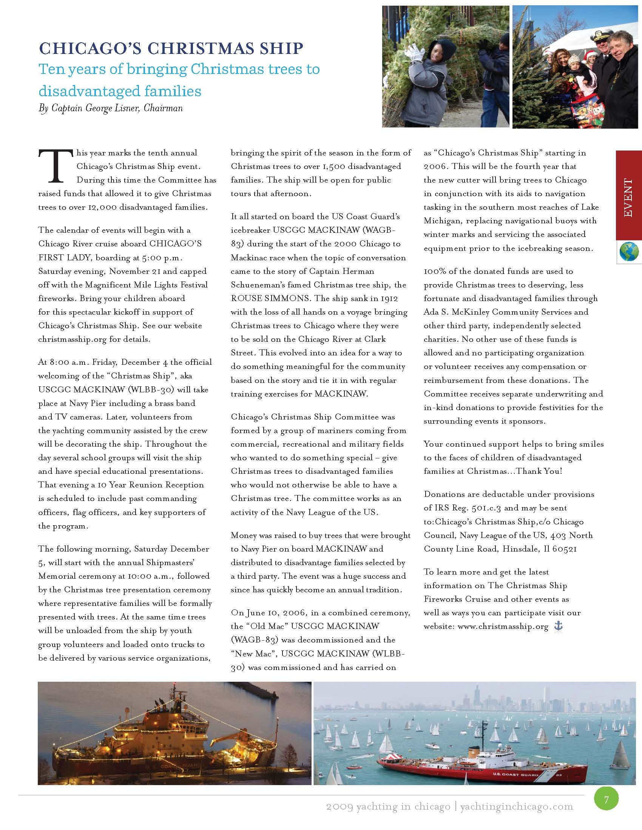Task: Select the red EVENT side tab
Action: (628, 195)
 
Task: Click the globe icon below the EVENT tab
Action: (629, 252)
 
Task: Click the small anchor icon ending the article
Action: (558, 626)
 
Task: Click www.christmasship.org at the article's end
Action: (503, 626)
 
